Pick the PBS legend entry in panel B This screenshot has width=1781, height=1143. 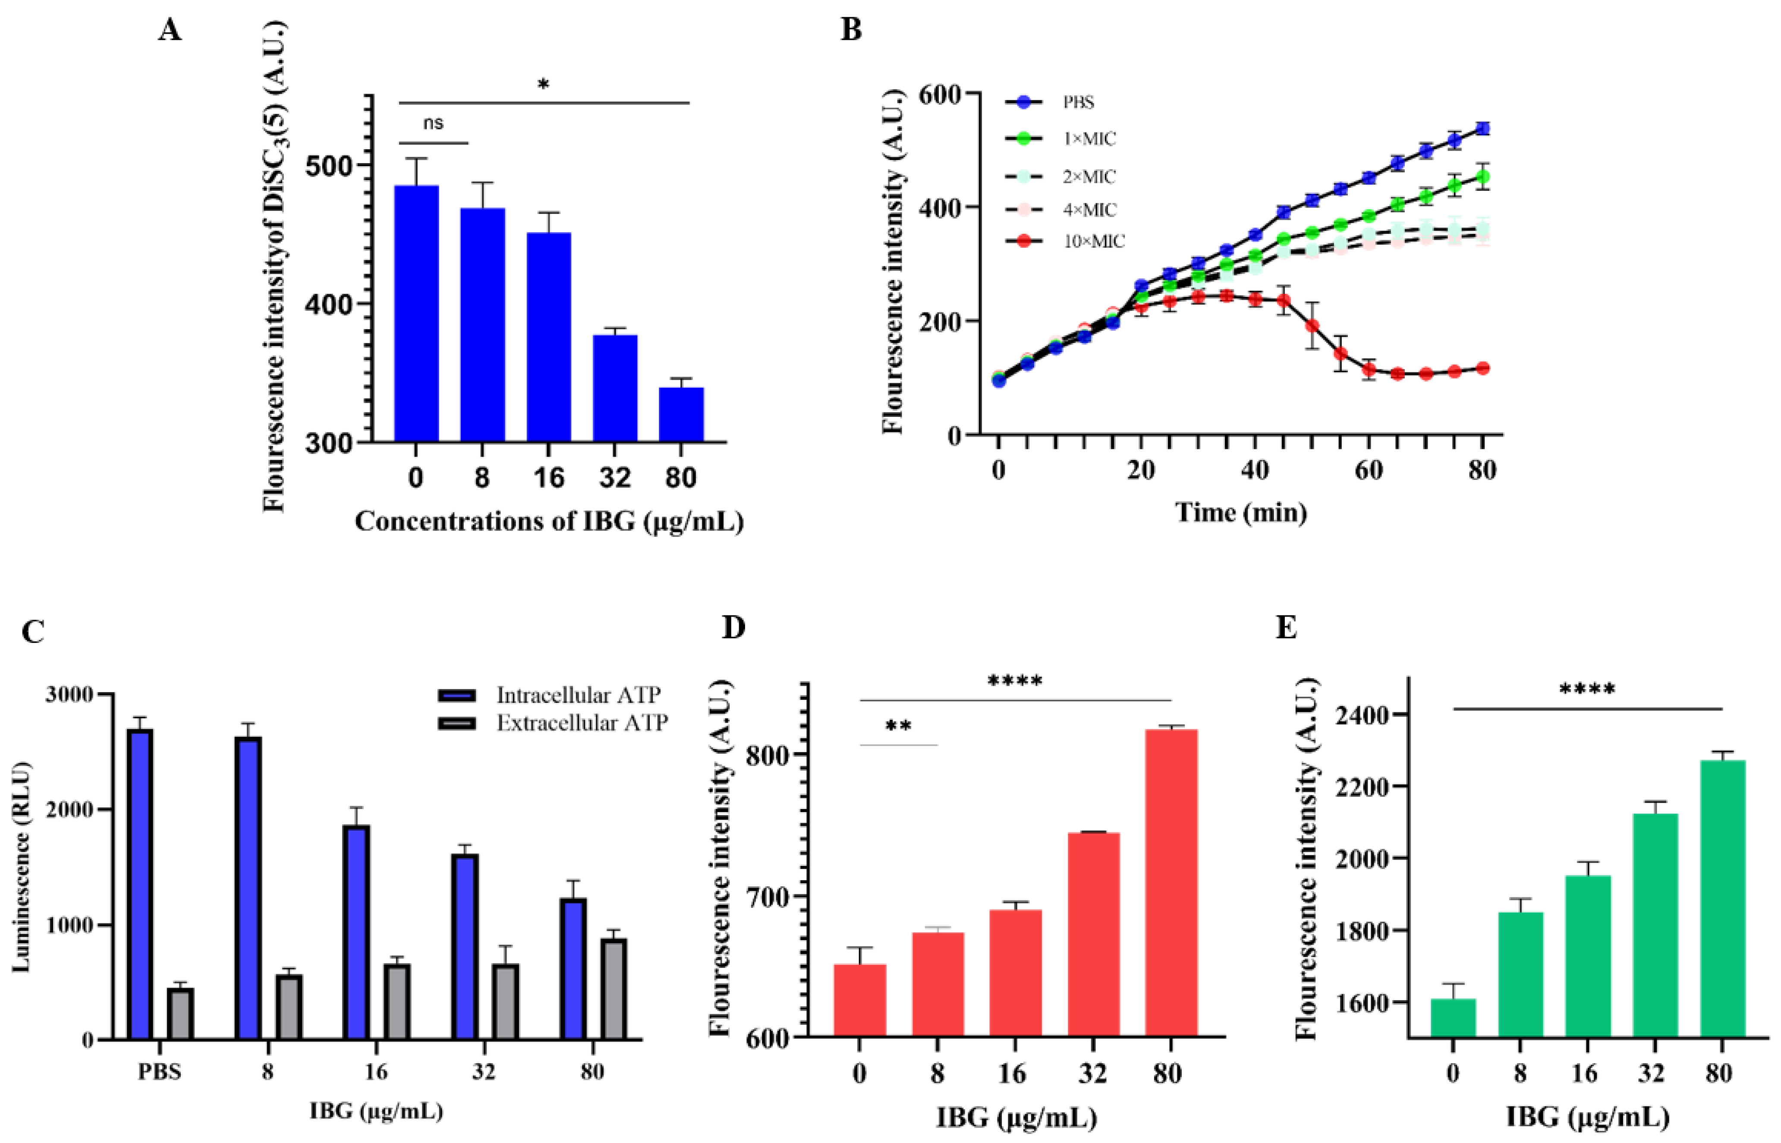click(x=1078, y=102)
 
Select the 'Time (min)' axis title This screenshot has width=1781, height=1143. click(x=1241, y=512)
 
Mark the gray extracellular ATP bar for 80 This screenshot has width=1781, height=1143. click(x=614, y=989)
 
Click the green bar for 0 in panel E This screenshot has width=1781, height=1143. click(x=1453, y=1018)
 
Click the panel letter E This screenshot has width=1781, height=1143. click(x=1286, y=629)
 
